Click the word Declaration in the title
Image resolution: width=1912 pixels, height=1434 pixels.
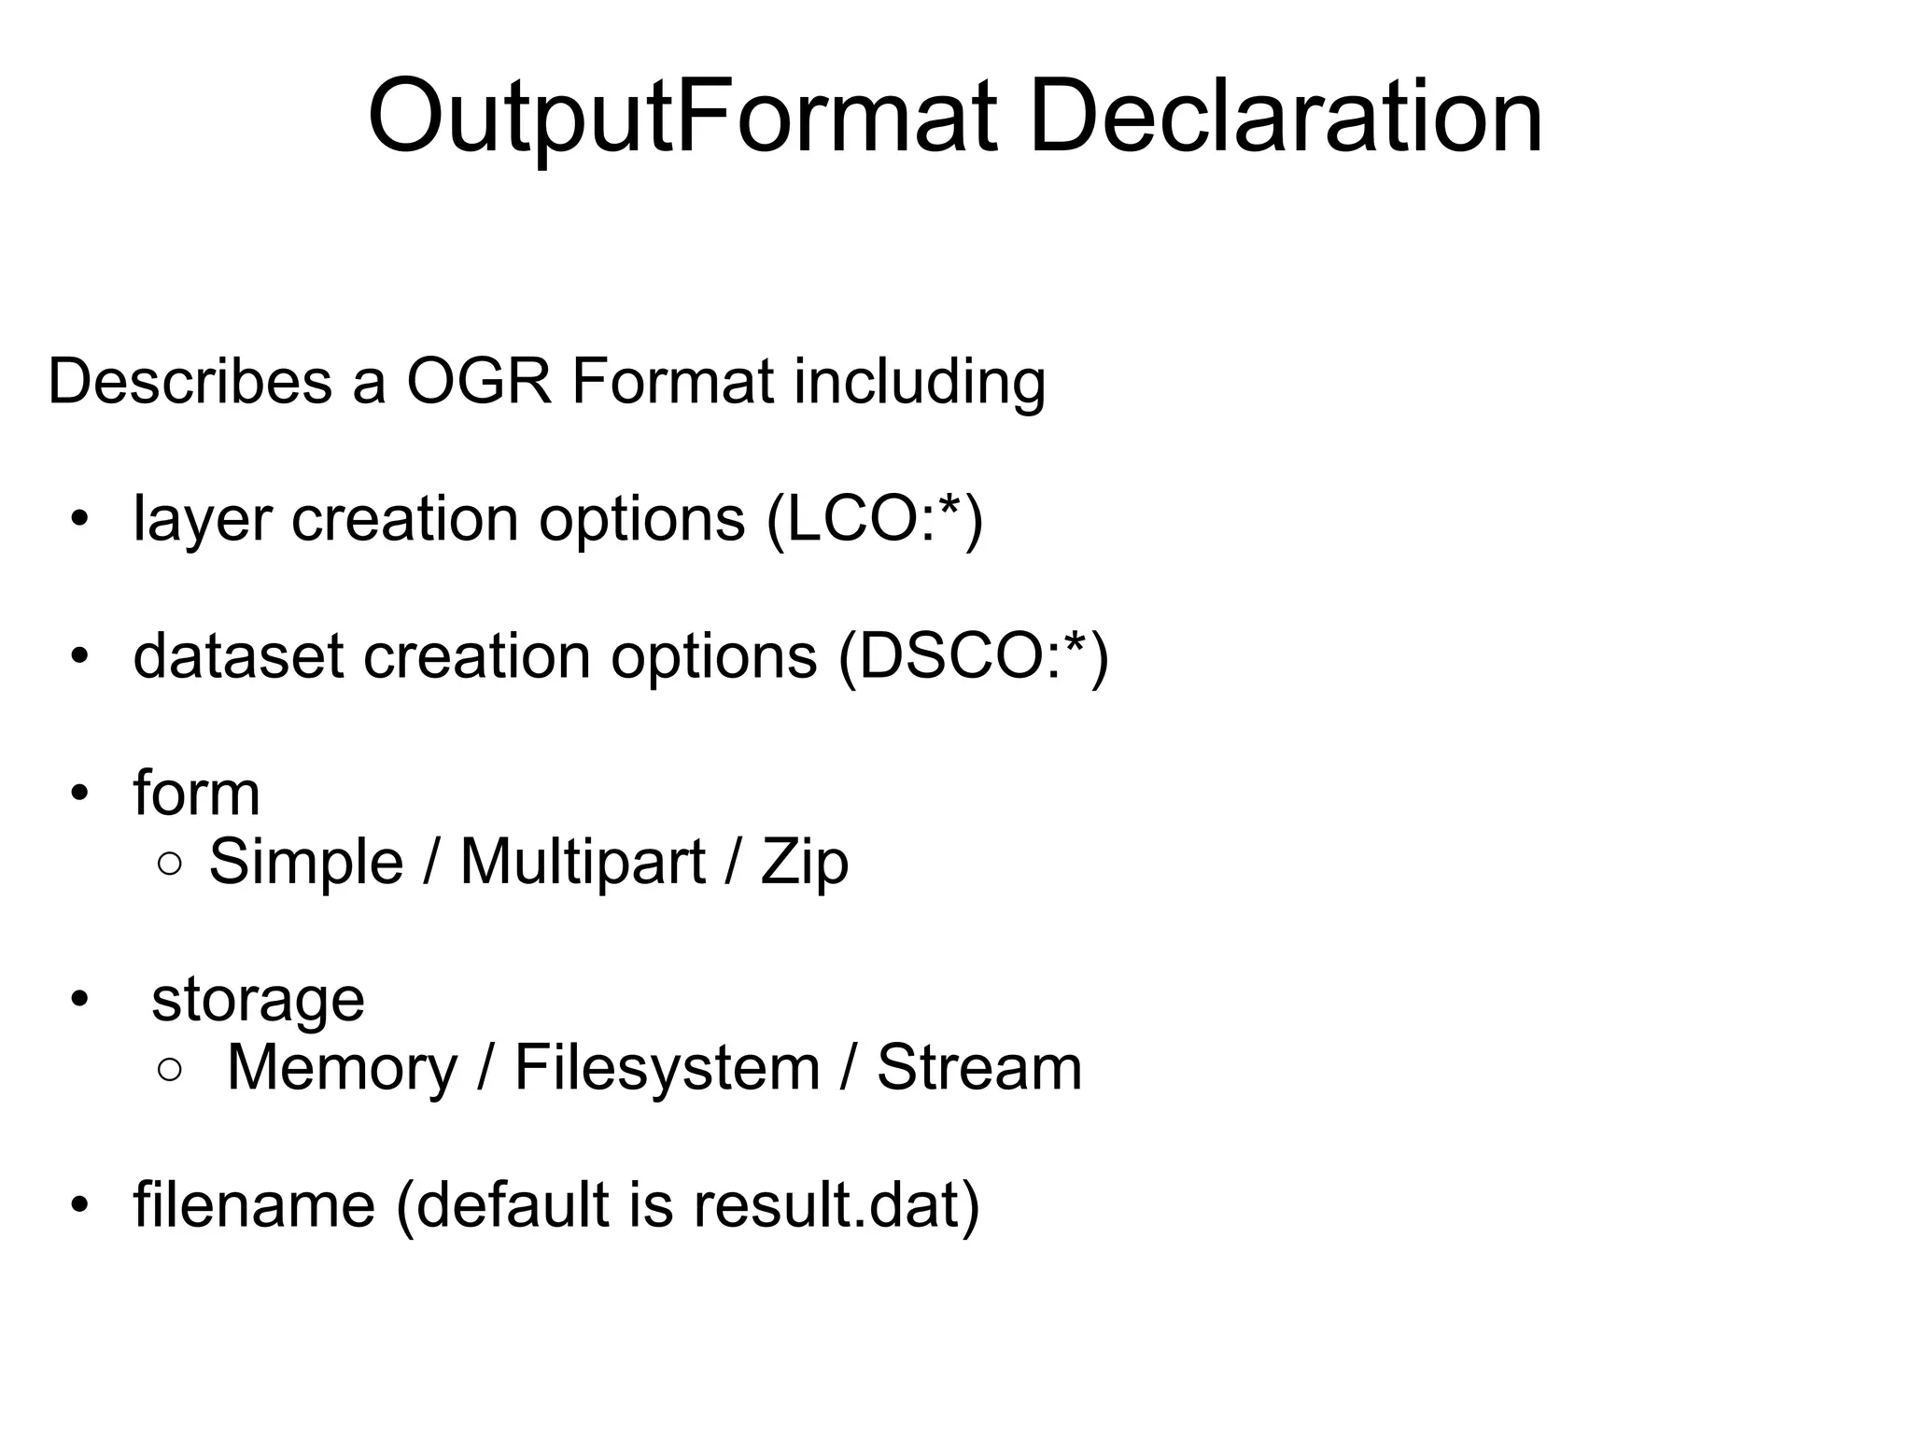click(x=1285, y=119)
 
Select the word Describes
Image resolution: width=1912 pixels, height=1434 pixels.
click(x=190, y=382)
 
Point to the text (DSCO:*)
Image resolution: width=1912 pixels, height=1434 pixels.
click(x=973, y=656)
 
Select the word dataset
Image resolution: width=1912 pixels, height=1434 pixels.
click(x=238, y=656)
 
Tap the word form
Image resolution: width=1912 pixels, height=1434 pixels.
click(x=196, y=794)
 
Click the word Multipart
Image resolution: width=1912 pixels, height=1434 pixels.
click(x=583, y=862)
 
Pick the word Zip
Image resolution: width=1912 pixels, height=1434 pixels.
click(x=805, y=862)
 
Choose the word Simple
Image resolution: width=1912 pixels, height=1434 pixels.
click(x=305, y=862)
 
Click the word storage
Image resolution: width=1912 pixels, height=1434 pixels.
click(x=258, y=1000)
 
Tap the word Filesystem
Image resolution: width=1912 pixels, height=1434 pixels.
click(x=667, y=1067)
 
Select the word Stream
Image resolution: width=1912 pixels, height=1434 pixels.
click(x=979, y=1067)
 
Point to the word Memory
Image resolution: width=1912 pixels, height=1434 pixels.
click(x=342, y=1067)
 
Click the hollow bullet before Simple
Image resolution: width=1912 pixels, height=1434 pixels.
click(x=170, y=865)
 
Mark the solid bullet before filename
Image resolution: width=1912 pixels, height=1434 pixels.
click(x=79, y=1205)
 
